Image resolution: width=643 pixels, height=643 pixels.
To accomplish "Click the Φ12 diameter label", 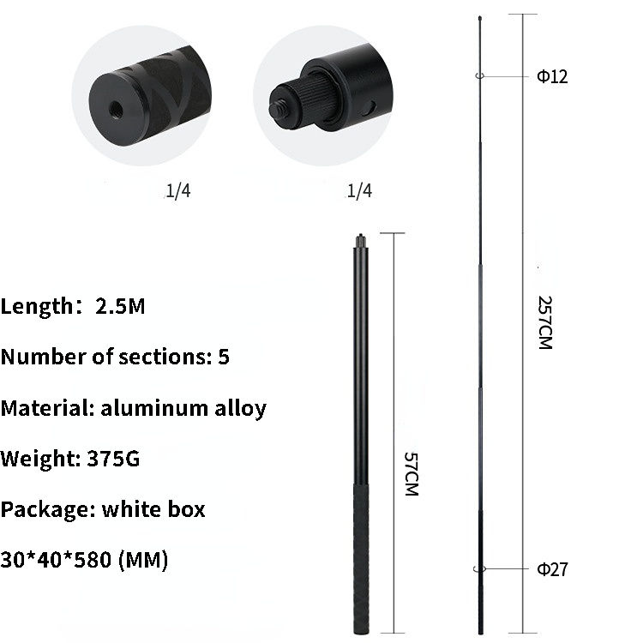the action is [552, 76].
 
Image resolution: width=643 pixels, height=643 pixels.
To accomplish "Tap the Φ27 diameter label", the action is [552, 569].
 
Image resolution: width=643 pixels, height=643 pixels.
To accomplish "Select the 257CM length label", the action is [545, 322].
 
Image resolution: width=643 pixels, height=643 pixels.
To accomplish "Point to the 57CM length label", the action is [412, 474].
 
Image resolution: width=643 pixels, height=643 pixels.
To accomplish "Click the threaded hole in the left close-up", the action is [116, 109].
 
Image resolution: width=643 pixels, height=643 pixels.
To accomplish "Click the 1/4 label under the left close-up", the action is [178, 191].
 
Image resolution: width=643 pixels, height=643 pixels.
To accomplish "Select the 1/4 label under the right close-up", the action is [359, 191].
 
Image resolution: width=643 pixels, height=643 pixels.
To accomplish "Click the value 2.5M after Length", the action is [120, 306].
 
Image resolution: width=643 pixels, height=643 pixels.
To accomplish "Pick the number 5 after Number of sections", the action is [224, 357].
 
